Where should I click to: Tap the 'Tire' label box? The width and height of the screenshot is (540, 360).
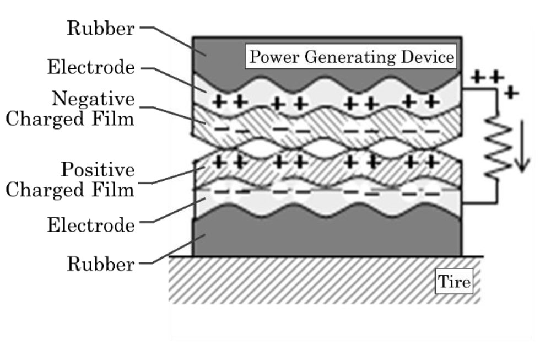pyautogui.click(x=454, y=282)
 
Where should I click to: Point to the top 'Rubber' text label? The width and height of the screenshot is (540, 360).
pyautogui.click(x=100, y=29)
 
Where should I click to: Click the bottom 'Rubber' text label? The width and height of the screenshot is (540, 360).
pyautogui.click(x=100, y=264)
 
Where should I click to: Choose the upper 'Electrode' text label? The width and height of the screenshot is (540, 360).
pyautogui.click(x=90, y=67)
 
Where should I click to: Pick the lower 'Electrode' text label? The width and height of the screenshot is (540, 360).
pyautogui.click(x=90, y=225)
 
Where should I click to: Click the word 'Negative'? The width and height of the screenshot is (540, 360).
pyautogui.click(x=93, y=99)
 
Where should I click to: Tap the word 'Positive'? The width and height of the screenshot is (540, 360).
pyautogui.click(x=97, y=169)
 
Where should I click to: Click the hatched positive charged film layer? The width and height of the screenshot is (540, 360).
pyautogui.click(x=331, y=172)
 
